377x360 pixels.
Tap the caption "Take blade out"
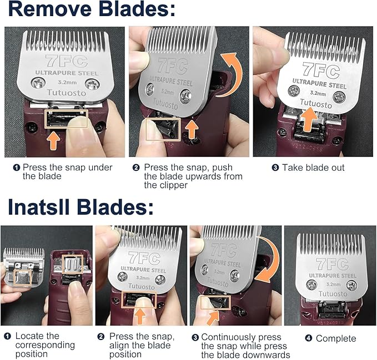point(313,168)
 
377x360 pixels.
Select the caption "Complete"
point(336,338)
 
